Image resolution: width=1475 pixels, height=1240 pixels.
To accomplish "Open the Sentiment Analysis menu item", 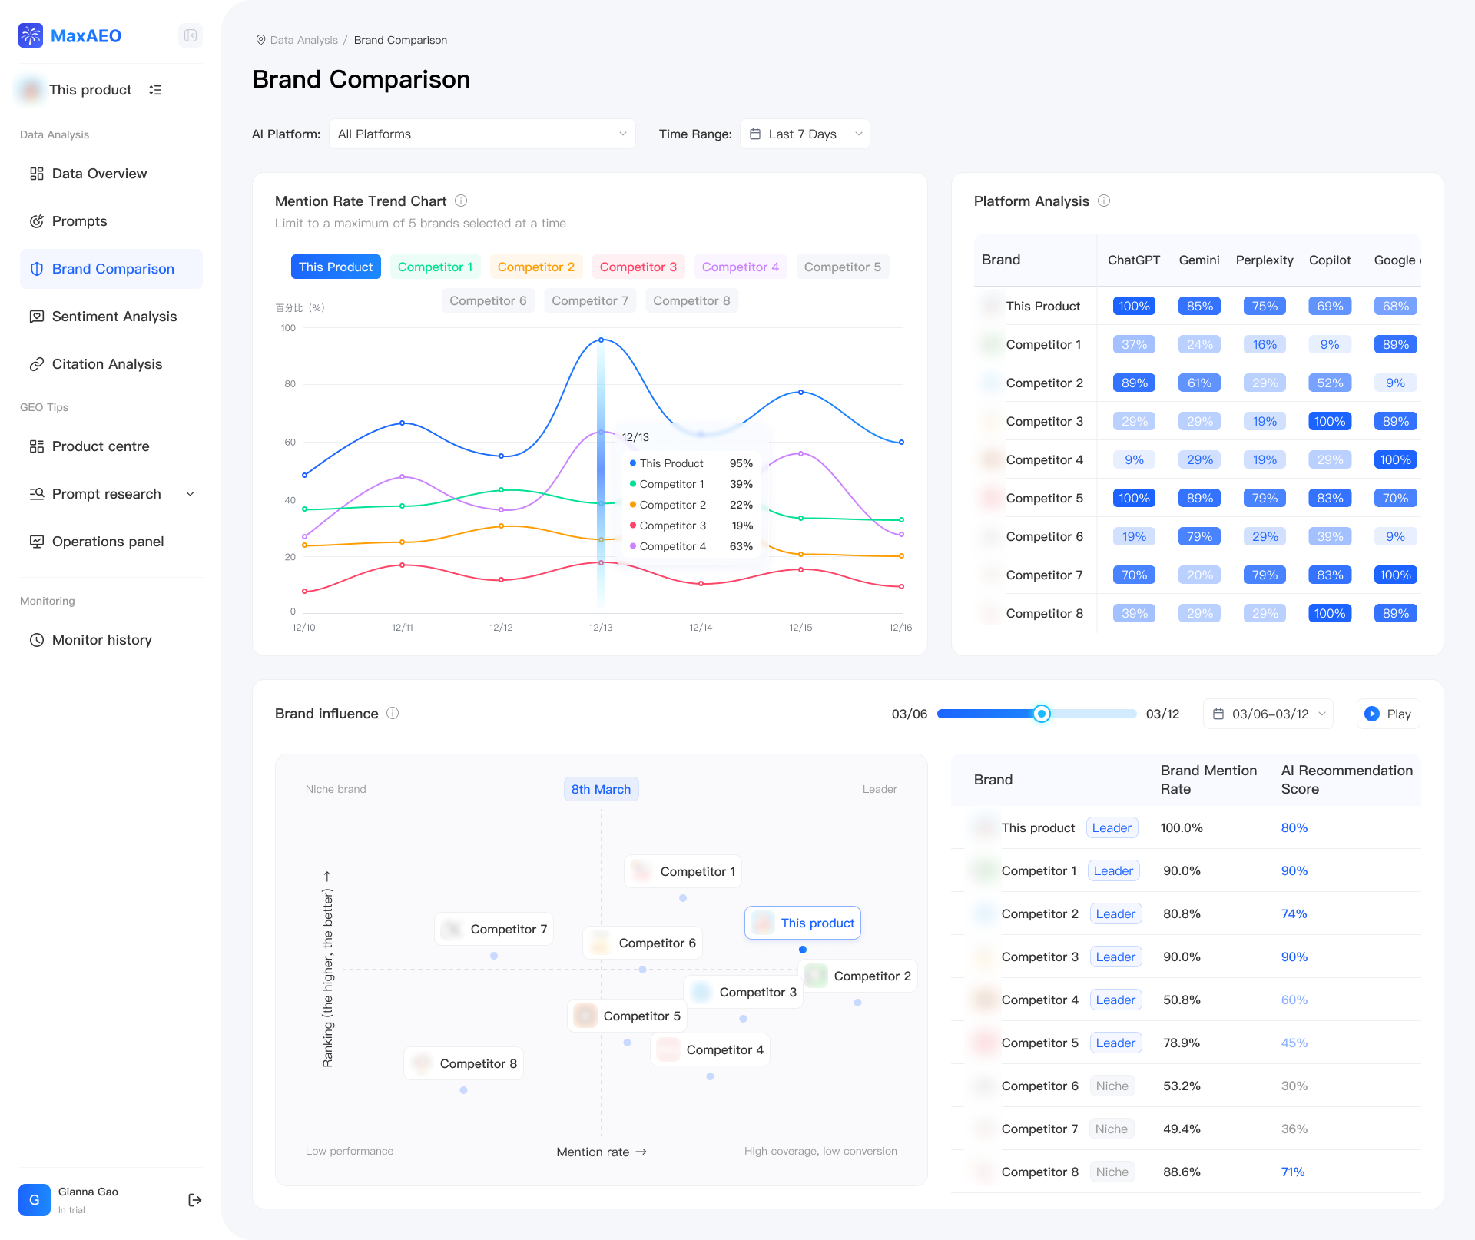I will (114, 317).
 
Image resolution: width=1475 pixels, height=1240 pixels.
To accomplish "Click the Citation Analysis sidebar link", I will (107, 364).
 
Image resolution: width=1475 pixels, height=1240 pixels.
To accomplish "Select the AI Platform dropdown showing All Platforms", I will (482, 134).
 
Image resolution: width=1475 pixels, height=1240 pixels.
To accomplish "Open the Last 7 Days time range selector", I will (804, 134).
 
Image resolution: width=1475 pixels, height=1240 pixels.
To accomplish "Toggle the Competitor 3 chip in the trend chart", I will (638, 267).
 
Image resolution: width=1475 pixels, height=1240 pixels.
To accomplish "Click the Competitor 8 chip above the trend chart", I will (691, 300).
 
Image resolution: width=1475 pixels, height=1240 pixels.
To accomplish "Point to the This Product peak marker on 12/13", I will (601, 340).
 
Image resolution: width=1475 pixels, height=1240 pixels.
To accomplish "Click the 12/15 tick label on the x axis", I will (800, 628).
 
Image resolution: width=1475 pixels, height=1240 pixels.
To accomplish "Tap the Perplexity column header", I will (1264, 260).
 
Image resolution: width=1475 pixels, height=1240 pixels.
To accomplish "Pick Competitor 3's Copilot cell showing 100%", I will (1329, 421).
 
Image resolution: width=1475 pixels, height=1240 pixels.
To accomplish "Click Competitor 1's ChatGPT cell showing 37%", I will (1134, 344).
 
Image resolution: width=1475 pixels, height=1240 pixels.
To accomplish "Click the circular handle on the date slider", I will (1041, 714).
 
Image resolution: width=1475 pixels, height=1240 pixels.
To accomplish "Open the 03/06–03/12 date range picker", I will (1268, 714).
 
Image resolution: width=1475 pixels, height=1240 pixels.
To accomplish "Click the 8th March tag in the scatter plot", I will (601, 789).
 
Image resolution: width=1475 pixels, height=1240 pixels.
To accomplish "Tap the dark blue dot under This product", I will (803, 950).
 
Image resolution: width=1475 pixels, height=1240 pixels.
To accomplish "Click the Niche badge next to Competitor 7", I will (1111, 1129).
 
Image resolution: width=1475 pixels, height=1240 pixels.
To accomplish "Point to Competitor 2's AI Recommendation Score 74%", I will (1294, 913).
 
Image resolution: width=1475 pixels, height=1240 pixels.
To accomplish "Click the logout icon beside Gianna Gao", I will (194, 1200).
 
